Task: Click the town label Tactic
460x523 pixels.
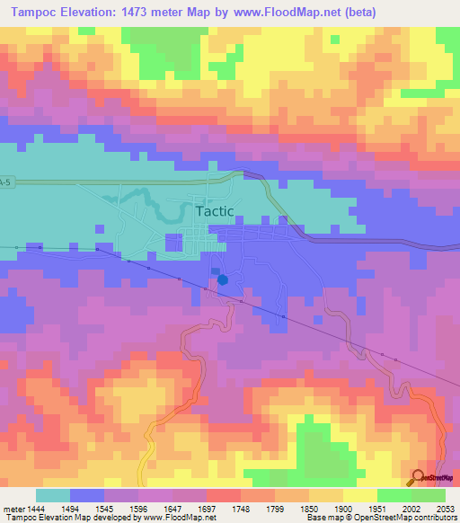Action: coord(214,211)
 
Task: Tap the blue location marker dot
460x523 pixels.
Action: coord(223,279)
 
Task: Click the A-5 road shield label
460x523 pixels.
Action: coord(6,183)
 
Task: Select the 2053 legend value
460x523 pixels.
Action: coord(446,509)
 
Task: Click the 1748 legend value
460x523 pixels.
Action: coord(241,509)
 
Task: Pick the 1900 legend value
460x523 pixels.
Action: coord(343,509)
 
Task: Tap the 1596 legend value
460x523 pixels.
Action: coord(138,509)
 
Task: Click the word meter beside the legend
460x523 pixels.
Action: coord(13,509)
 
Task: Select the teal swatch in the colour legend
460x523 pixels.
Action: coord(53,495)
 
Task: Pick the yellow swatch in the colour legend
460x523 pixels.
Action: coord(360,495)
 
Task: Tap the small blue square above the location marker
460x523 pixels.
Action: coord(215,270)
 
